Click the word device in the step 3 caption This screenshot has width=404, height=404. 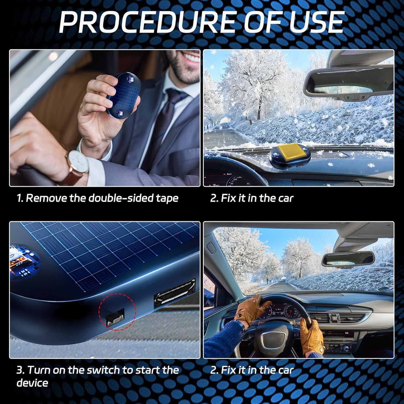coord(32,383)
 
